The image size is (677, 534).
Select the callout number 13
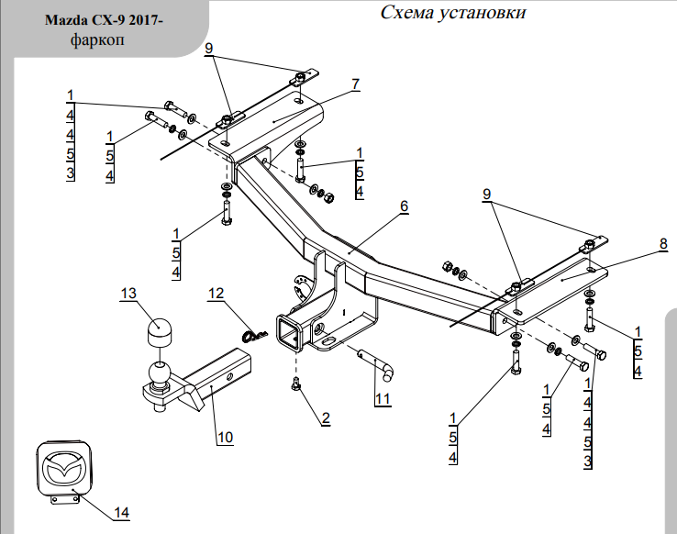[128, 293]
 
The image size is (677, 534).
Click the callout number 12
[216, 294]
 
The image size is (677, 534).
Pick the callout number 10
[225, 437]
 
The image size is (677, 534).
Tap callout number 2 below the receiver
[325, 417]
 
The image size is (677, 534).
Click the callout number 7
[355, 84]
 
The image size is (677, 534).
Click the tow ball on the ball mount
[159, 374]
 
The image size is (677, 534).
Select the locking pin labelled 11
[377, 362]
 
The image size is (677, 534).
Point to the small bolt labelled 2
[295, 384]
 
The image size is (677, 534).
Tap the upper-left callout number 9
[209, 48]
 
